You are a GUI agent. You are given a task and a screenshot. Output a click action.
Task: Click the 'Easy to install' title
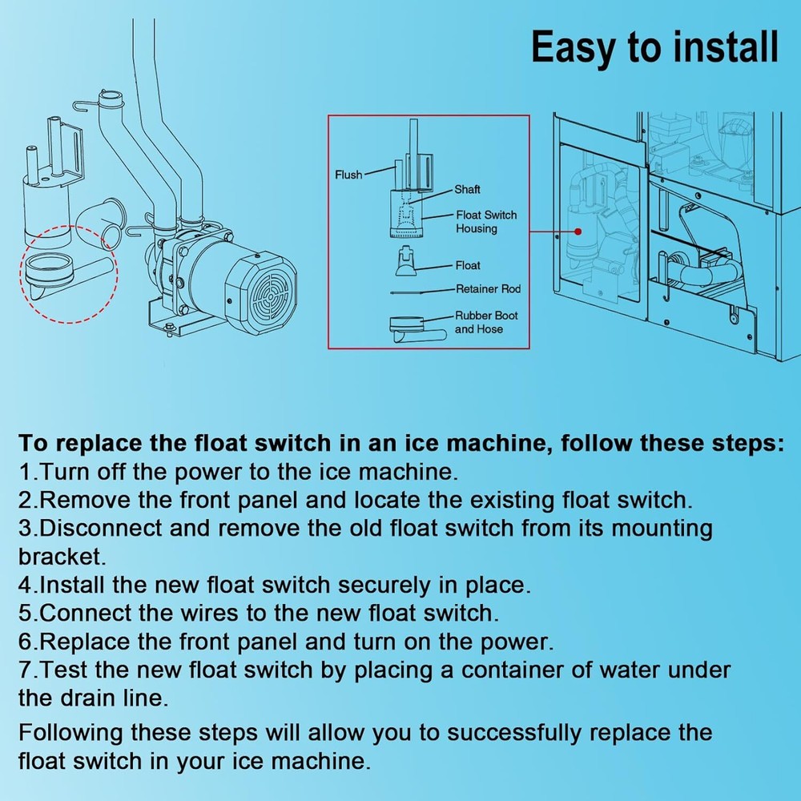[x=654, y=47]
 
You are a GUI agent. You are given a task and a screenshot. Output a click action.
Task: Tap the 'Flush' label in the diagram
[x=348, y=175]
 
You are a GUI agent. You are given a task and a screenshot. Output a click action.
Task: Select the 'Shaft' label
[x=468, y=190]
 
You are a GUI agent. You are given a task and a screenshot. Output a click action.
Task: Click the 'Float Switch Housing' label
[x=486, y=222]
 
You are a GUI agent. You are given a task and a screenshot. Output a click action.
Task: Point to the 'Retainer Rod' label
[x=488, y=289]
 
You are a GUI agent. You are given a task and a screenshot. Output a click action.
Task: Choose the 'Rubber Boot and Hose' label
[x=486, y=322]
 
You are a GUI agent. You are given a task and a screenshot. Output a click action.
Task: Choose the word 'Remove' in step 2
[x=88, y=500]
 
